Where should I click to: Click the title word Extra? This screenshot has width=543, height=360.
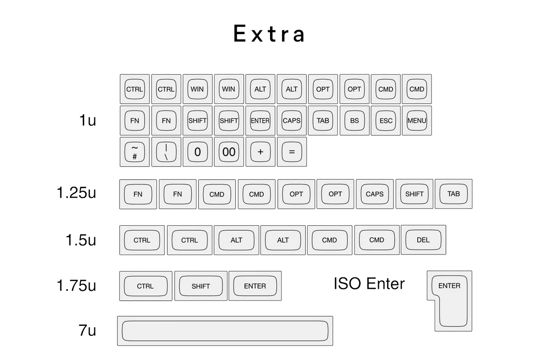269,34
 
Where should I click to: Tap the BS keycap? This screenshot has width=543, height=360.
354,120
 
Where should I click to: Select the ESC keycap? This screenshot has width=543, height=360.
386,120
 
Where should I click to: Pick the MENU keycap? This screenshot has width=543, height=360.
417,120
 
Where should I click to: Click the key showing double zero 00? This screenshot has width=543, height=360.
229,152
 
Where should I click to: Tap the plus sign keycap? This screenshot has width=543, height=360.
261,152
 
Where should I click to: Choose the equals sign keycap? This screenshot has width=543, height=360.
292,152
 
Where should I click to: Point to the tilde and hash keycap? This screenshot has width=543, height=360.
135,152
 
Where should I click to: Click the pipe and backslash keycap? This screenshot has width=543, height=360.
166,152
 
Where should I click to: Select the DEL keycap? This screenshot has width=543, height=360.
423,240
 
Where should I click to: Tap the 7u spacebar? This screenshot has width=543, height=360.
225,331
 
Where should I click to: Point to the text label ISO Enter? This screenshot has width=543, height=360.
369,284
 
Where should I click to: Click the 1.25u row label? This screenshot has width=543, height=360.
76,193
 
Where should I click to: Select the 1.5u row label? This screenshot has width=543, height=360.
81,240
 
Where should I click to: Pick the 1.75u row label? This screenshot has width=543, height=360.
76,286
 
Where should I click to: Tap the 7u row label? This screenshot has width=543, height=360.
87,330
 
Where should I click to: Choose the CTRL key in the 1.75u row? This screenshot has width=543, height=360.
146,286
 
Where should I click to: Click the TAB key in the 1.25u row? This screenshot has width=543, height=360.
453,194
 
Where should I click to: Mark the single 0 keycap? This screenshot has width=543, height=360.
197,152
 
